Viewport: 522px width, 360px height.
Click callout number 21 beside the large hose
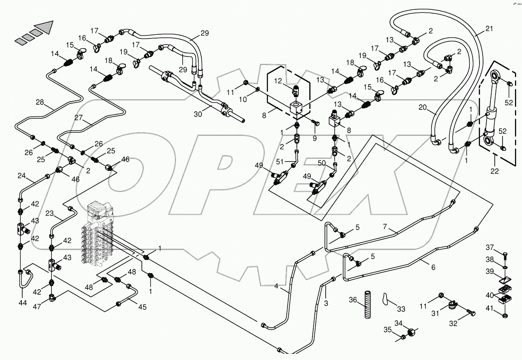tap(489, 28)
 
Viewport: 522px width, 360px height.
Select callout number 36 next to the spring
tap(353, 300)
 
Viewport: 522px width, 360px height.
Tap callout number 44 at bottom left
tap(23, 302)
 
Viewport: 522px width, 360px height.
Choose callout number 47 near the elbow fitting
tap(36, 307)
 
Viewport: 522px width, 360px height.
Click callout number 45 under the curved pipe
tap(142, 307)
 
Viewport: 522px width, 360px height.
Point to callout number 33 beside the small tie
tap(401, 309)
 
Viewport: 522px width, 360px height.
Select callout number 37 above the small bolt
tap(489, 248)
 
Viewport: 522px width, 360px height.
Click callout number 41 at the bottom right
tap(489, 309)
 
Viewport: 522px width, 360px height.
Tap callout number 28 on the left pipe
tap(40, 102)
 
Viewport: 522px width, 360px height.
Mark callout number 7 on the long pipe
tap(385, 226)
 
